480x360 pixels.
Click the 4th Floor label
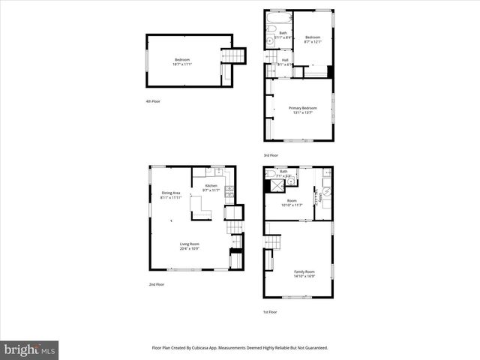(x=153, y=101)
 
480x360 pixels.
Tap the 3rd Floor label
(x=271, y=155)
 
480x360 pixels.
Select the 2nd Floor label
(x=156, y=285)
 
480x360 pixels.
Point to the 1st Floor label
(x=270, y=312)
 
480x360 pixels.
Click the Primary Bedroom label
(x=303, y=108)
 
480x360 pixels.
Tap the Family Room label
(x=304, y=271)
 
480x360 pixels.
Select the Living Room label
(x=189, y=244)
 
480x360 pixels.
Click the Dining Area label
(x=171, y=193)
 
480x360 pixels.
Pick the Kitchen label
(x=211, y=185)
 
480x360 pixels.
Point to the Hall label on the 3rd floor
(x=285, y=60)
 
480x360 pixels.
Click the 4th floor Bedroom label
(x=182, y=60)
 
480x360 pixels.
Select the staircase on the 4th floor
(x=235, y=56)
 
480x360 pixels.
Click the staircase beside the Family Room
(x=273, y=242)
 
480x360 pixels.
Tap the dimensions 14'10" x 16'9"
(x=304, y=276)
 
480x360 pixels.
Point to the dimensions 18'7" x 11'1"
(x=182, y=64)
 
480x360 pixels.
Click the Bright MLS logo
(x=29, y=349)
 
